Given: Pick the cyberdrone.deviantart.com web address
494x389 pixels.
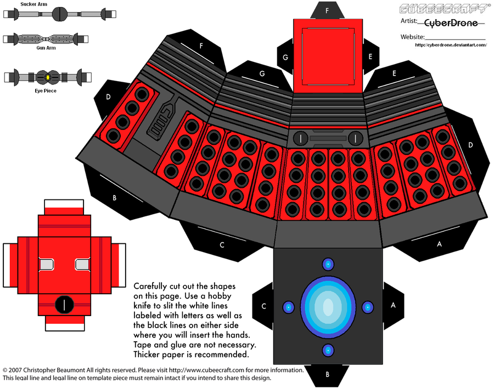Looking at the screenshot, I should click(451, 45).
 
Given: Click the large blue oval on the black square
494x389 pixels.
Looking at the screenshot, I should click(327, 307).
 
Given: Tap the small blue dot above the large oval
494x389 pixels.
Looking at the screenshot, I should click(328, 265).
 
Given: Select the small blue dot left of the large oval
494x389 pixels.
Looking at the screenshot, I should click(287, 307).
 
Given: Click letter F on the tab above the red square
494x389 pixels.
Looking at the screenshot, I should click(328, 10).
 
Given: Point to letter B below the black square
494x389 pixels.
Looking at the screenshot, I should click(328, 375).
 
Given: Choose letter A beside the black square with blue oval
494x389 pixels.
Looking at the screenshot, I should click(392, 306).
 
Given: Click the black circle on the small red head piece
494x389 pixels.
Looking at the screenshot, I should click(65, 303).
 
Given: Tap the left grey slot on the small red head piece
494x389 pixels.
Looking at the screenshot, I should click(46, 265).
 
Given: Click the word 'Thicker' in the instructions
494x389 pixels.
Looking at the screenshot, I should click(149, 355).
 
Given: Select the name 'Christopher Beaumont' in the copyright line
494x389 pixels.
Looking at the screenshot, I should click(57, 370).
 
